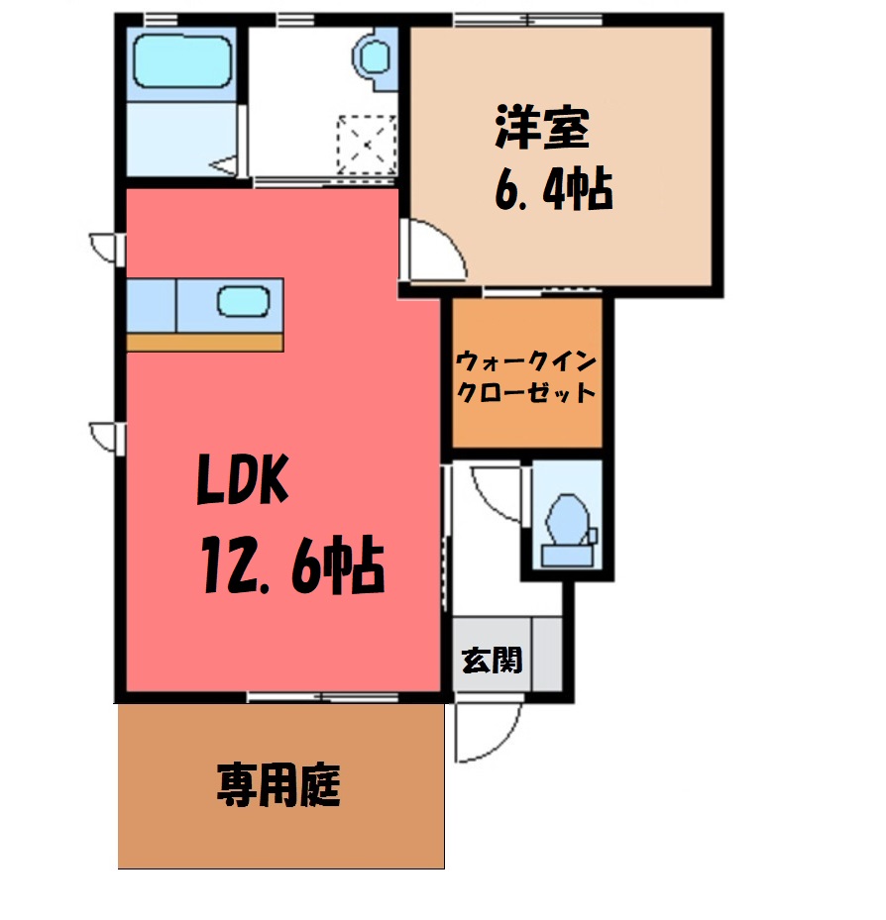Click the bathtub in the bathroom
click(181, 61)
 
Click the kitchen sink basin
click(243, 302)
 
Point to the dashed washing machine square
click(367, 145)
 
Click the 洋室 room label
click(541, 128)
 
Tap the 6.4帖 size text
click(554, 189)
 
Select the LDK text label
click(243, 479)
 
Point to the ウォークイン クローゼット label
click(526, 376)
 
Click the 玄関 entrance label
click(492, 661)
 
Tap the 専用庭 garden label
click(278, 784)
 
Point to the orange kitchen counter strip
click(205, 343)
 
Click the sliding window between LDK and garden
click(322, 697)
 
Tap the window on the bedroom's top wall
click(528, 20)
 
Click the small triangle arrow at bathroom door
click(223, 165)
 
